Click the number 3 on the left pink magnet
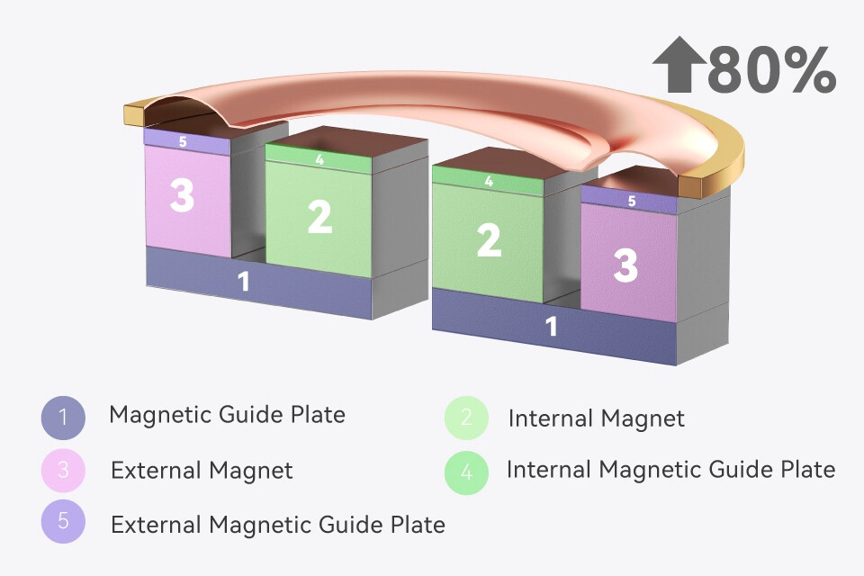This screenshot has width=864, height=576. pyautogui.click(x=182, y=194)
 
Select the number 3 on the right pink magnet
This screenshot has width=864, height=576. pyautogui.click(x=625, y=265)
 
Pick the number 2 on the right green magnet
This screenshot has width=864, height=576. pyautogui.click(x=489, y=240)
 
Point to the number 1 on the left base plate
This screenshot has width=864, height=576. pyautogui.click(x=243, y=282)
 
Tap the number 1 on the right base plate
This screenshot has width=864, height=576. pyautogui.click(x=552, y=327)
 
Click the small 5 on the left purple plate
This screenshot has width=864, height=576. pyautogui.click(x=183, y=141)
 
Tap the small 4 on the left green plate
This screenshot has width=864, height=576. pyautogui.click(x=319, y=160)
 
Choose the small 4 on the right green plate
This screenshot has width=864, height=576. pyautogui.click(x=489, y=181)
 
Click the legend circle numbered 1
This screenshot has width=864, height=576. pyautogui.click(x=63, y=417)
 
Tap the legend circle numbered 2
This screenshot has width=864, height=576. pyautogui.click(x=466, y=418)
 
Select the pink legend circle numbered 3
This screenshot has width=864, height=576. pyautogui.click(x=63, y=470)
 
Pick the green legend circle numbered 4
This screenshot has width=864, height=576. pyautogui.click(x=466, y=471)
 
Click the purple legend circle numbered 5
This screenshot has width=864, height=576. pyautogui.click(x=63, y=522)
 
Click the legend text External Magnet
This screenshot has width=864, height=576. pyautogui.click(x=202, y=470)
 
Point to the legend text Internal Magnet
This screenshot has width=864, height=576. pyautogui.click(x=596, y=418)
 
